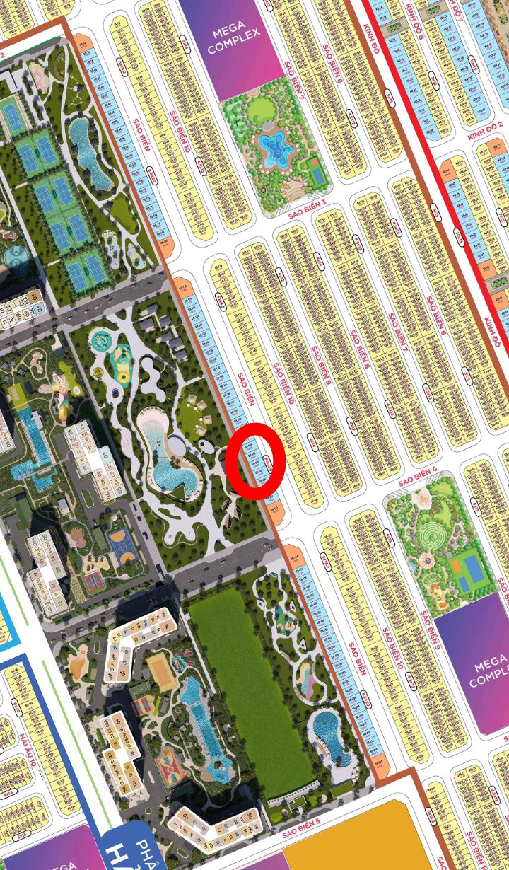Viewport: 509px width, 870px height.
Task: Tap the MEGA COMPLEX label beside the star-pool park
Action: (235, 41)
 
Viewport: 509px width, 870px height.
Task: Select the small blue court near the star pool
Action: (317, 173)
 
